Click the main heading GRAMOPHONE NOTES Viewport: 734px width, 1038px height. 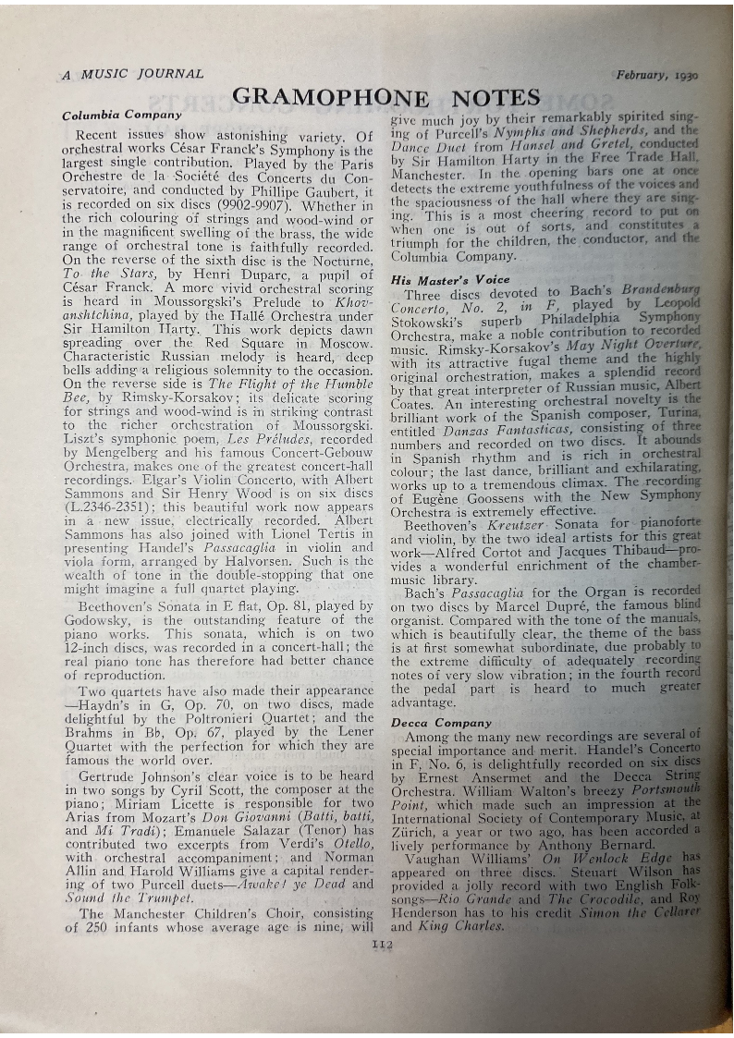point(385,97)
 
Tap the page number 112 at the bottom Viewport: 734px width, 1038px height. point(382,944)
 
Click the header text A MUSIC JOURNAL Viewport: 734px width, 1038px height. point(132,74)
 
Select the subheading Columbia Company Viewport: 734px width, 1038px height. point(121,116)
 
